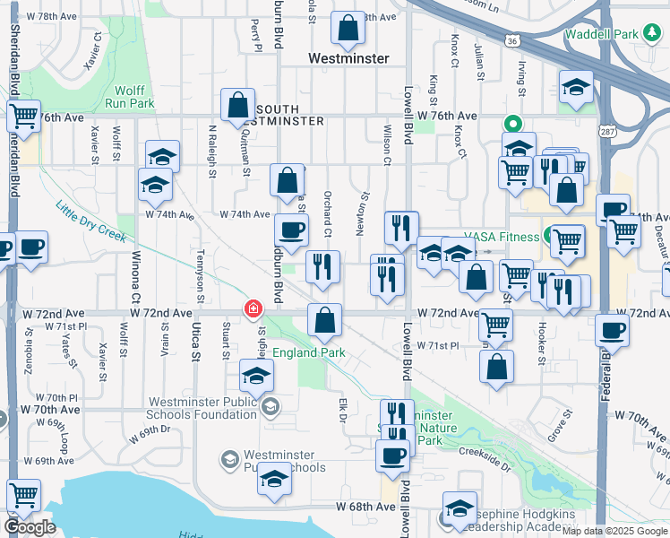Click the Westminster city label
pos(348,58)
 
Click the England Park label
pos(309,352)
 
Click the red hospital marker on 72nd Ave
pos(253,309)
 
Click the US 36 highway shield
pos(511,40)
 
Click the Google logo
pos(30,527)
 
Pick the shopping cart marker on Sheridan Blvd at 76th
pos(23,117)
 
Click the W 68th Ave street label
pos(364,507)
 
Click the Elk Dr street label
pos(342,412)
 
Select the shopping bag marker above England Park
pos(324,320)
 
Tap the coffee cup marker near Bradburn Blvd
pos(291,230)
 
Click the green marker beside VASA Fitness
pos(546,237)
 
